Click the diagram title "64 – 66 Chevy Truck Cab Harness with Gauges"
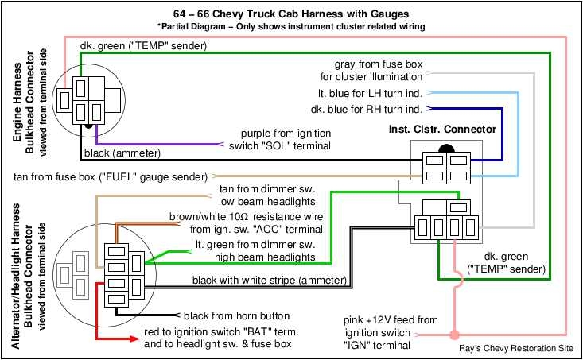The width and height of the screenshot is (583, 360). (x=291, y=14)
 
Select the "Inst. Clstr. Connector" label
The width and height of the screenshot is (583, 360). (x=442, y=129)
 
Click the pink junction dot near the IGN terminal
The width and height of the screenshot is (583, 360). (x=454, y=333)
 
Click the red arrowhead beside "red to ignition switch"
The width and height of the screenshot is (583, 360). (x=136, y=339)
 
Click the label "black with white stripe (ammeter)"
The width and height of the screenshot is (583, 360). (x=268, y=280)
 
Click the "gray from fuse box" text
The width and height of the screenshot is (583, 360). (x=378, y=63)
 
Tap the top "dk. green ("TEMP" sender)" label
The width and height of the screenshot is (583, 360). (x=143, y=46)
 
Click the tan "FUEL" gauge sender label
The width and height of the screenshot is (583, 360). (x=111, y=176)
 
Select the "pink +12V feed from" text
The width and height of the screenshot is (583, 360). (x=391, y=320)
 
